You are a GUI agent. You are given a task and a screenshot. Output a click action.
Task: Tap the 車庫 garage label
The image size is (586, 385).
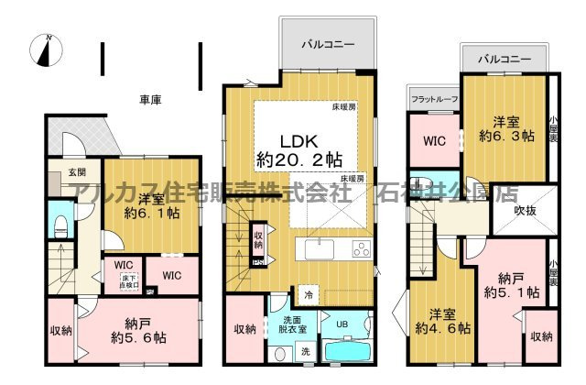(x=150, y=99)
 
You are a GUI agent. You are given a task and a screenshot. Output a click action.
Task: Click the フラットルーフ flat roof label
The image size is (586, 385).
(x=433, y=97)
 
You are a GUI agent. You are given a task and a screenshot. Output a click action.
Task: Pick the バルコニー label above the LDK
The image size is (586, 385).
(x=325, y=43)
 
